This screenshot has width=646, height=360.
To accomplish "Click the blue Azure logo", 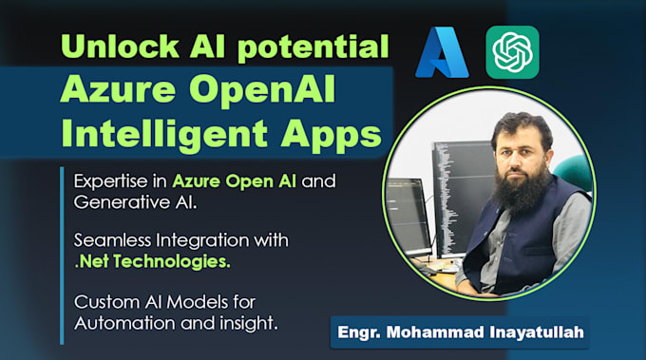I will [x=444, y=52].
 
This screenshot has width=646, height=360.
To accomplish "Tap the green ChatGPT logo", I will [x=512, y=52].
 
